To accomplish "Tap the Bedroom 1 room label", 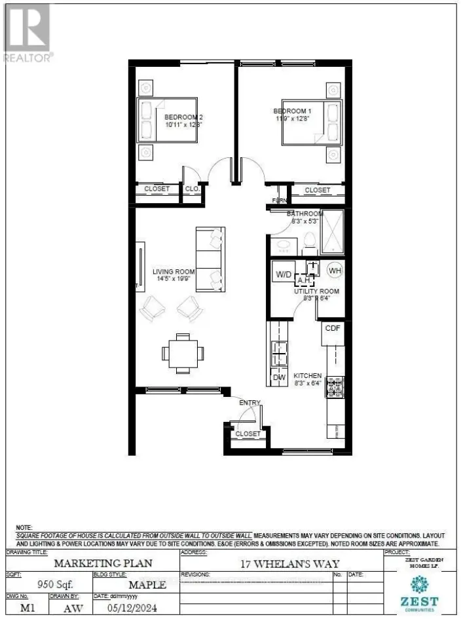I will [292, 111].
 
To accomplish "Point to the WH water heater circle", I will [335, 270].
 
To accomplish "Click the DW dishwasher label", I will [278, 377].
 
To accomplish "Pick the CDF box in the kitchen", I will [333, 328].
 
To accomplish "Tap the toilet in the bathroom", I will [310, 244].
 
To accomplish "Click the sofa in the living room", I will [210, 259].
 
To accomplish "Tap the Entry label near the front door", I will [250, 403].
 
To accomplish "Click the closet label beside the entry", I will [247, 434].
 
